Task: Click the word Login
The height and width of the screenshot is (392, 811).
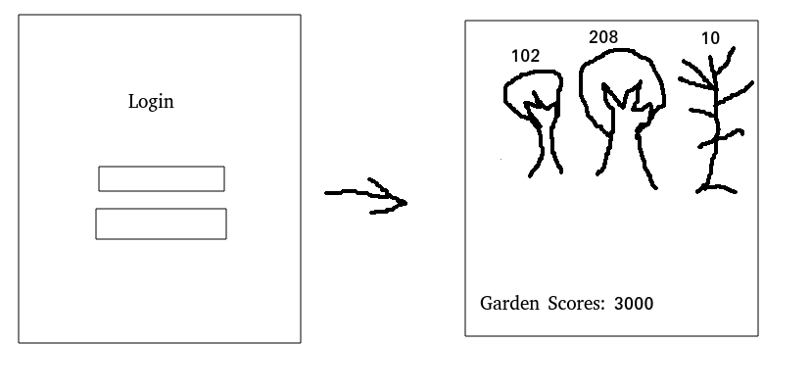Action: point(151,101)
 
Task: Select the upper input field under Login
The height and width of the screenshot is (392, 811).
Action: point(161,178)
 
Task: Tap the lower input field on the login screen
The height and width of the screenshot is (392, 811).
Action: point(161,223)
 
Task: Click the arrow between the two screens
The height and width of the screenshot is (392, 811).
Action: point(364,195)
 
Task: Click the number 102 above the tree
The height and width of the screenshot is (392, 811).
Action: point(526,56)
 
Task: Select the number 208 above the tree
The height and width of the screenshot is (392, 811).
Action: point(603,37)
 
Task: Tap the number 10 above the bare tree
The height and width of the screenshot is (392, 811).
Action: point(710,38)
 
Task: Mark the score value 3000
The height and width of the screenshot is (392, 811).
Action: point(634,304)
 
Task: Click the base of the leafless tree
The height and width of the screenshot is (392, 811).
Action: point(714,185)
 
